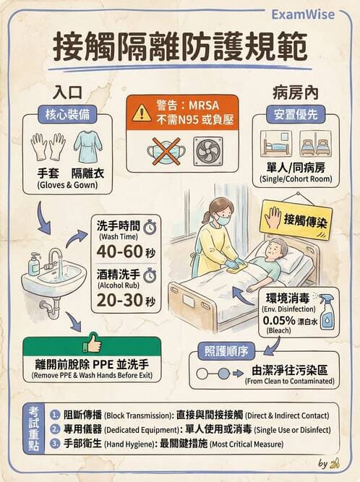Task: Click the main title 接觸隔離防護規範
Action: [179, 47]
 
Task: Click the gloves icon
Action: [48, 147]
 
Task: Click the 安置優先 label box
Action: [295, 114]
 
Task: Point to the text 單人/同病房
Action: [295, 167]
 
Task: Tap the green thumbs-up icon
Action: [92, 342]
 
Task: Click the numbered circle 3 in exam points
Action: [56, 444]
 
